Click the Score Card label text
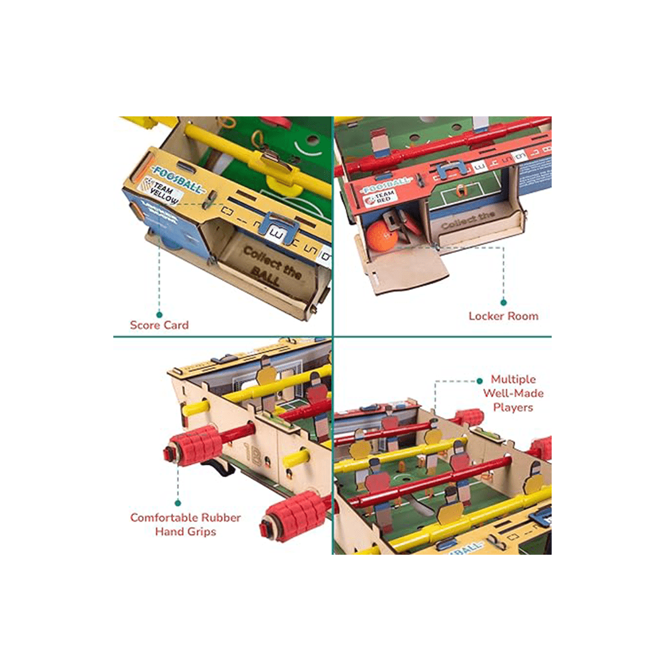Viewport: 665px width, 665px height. pos(158,325)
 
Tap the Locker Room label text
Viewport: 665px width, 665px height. pos(503,316)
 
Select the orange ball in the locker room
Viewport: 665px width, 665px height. pos(381,236)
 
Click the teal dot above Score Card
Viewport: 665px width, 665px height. pos(159,314)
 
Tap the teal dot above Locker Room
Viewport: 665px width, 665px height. pos(503,302)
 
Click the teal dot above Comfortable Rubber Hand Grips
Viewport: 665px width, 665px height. pos(178,503)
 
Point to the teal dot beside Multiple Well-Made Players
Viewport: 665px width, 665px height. pos(480,381)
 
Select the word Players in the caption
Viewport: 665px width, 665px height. pos(512,407)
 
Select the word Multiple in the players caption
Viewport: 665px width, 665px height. pos(513,380)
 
